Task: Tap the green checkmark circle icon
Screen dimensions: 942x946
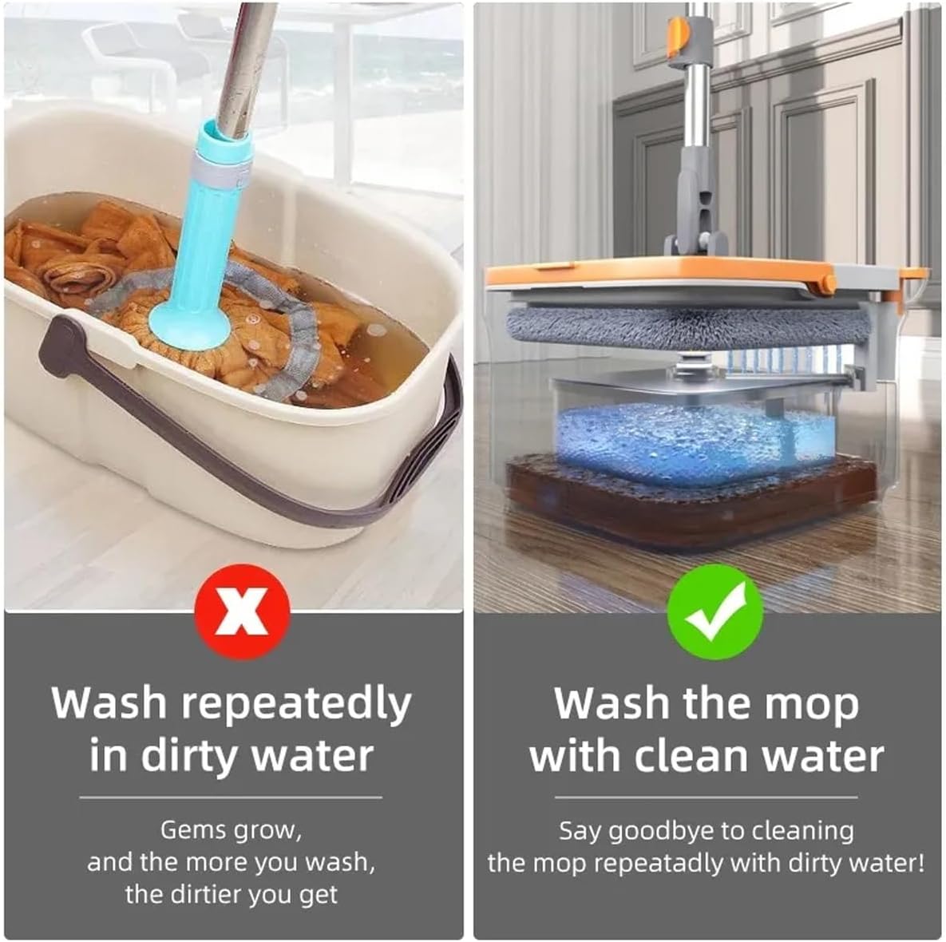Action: (x=715, y=612)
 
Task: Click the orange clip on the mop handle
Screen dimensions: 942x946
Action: (x=678, y=40)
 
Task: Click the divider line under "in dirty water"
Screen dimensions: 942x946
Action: (x=231, y=797)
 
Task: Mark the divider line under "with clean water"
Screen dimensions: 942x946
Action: (x=706, y=797)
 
